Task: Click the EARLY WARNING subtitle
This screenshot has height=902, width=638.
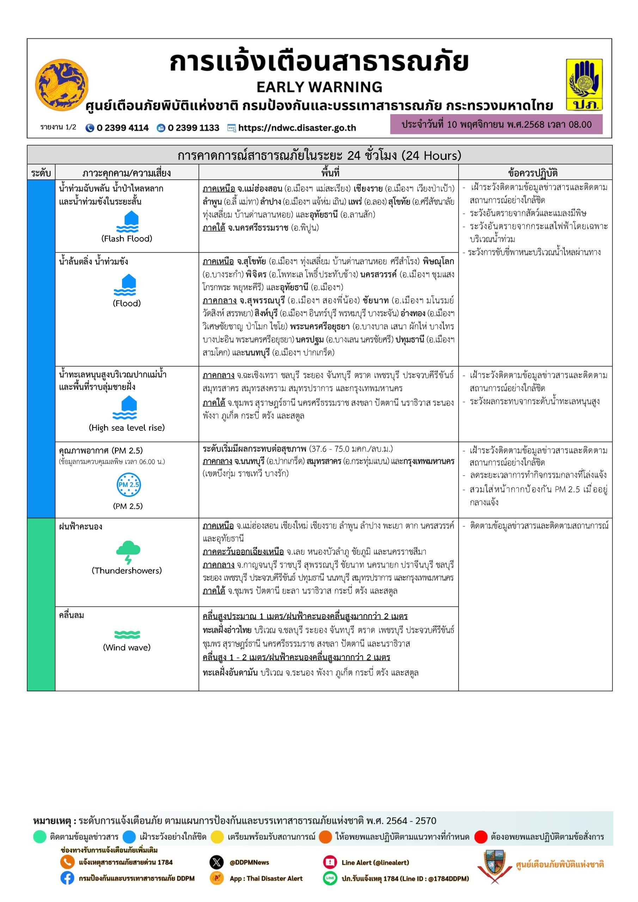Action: click(319, 87)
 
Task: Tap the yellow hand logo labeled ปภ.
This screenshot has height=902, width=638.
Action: click(584, 85)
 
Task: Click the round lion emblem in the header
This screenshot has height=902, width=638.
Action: click(61, 85)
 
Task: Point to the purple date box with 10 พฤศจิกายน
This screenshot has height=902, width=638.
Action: click(496, 124)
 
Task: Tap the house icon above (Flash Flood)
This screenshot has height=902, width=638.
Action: click(127, 222)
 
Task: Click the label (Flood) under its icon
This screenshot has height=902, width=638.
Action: click(127, 303)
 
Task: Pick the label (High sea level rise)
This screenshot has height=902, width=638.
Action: click(127, 427)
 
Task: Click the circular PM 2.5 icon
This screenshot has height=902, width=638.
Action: click(129, 485)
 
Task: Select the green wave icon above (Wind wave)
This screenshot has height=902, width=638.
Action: click(127, 635)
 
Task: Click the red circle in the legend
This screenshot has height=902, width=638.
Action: click(481, 837)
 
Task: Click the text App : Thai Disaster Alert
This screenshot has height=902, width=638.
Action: click(266, 878)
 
